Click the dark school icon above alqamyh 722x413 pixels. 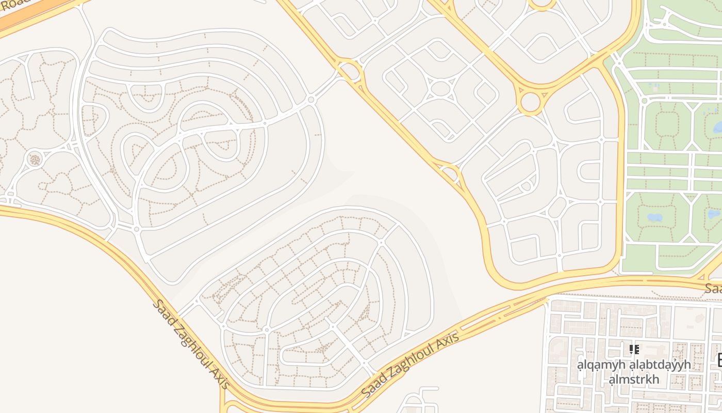tap(634, 350)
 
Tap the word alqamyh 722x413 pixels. tap(601, 364)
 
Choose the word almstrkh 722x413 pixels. tap(634, 380)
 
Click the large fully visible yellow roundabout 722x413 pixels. tap(530, 102)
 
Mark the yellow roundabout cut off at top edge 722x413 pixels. tap(541, 4)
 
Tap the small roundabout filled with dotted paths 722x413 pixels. tap(35, 159)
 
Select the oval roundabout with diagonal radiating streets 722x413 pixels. tap(440, 88)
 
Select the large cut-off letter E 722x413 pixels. tap(719, 360)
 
